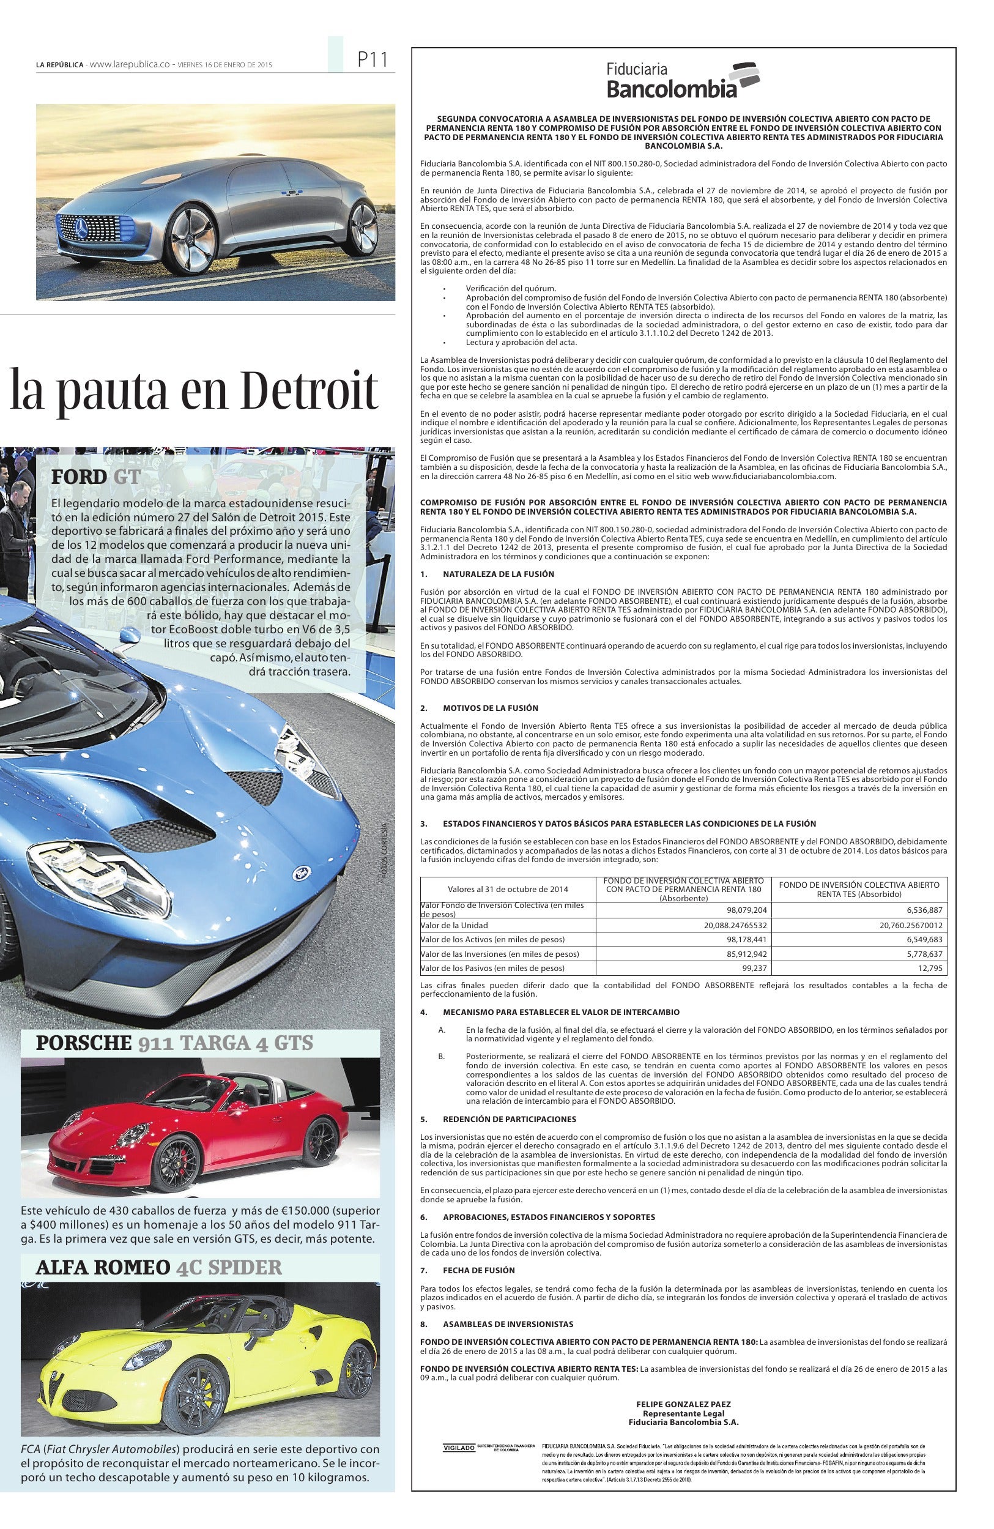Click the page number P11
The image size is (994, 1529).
pyautogui.click(x=372, y=61)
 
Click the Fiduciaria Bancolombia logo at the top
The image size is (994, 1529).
pyautogui.click(x=683, y=80)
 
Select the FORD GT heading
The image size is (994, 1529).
pyautogui.click(x=95, y=477)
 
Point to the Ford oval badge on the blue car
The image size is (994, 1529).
pyautogui.click(x=299, y=873)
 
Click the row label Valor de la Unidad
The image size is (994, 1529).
pyautogui.click(x=454, y=925)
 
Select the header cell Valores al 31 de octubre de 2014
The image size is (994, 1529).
pyautogui.click(x=508, y=889)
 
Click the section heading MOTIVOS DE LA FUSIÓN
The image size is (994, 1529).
pyautogui.click(x=490, y=708)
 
